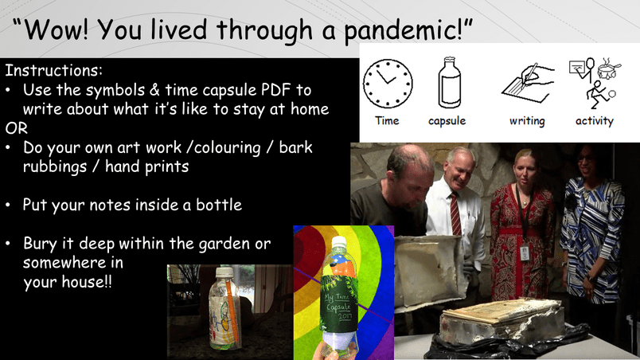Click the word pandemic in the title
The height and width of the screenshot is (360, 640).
pyautogui.click(x=404, y=30)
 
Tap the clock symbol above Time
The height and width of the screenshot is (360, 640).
pyautogui.click(x=388, y=84)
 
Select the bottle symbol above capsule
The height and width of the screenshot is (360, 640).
pyautogui.click(x=450, y=83)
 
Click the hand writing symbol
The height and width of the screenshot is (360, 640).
pyautogui.click(x=528, y=84)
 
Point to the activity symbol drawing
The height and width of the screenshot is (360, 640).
pyautogui.click(x=595, y=83)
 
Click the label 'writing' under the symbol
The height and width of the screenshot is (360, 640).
pyautogui.click(x=527, y=121)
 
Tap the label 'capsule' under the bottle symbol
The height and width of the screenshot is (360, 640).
pyautogui.click(x=447, y=121)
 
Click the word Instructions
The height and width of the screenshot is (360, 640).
pyautogui.click(x=53, y=70)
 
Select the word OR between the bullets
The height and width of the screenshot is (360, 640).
pyautogui.click(x=17, y=128)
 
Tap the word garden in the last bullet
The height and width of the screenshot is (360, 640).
pyautogui.click(x=224, y=244)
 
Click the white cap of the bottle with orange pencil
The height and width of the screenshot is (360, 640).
pyautogui.click(x=224, y=272)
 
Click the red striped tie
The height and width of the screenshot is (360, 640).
pyautogui.click(x=455, y=215)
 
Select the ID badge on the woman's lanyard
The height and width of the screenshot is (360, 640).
pyautogui.click(x=525, y=253)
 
